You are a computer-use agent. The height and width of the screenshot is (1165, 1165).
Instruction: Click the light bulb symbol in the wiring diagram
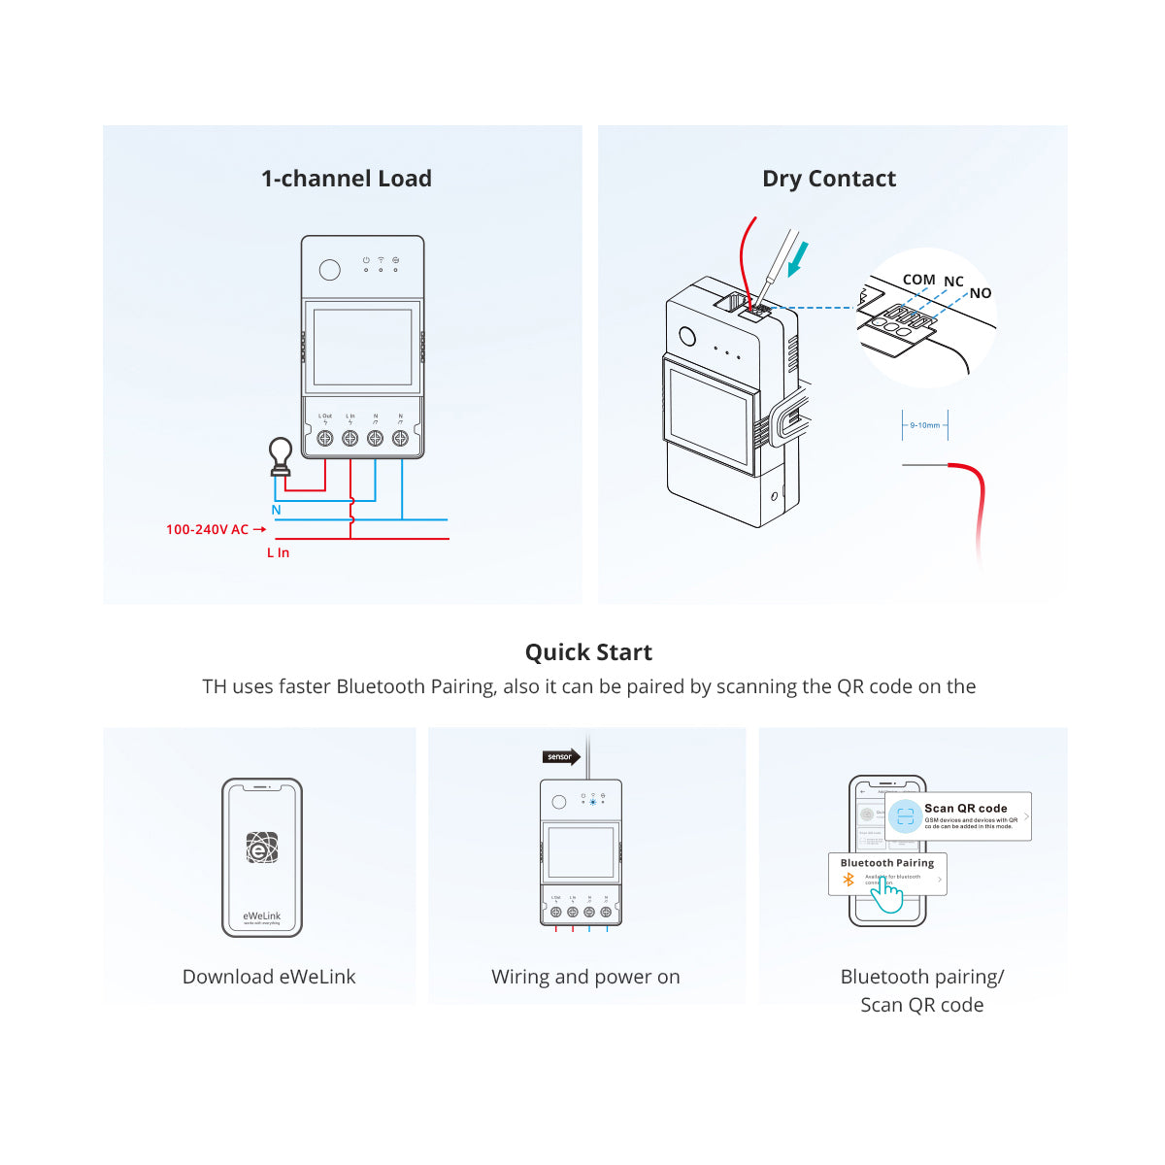point(281,454)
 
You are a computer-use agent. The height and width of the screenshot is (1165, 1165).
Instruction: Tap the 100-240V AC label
point(207,529)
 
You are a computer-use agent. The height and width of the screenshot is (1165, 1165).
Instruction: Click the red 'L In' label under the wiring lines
point(278,552)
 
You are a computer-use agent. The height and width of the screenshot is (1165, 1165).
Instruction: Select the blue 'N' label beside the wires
point(276,510)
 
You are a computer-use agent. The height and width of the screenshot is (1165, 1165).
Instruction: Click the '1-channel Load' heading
point(347,179)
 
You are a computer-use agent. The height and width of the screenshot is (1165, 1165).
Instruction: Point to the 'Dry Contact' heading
point(829,179)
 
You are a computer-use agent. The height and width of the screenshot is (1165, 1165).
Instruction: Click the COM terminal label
point(918,280)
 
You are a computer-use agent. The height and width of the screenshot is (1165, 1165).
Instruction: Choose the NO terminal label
point(981,293)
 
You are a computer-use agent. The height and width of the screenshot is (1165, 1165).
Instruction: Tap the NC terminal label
point(953,282)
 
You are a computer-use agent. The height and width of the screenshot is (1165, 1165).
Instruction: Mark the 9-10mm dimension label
point(924,425)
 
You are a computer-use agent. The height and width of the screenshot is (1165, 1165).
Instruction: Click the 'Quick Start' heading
point(588,652)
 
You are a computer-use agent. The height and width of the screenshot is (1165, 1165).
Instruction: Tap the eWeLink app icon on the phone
point(262,848)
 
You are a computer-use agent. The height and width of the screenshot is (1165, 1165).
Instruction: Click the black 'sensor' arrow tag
point(561,756)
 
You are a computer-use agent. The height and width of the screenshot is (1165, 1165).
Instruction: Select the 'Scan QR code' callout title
point(965,808)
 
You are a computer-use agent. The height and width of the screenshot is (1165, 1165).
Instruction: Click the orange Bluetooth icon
point(849,880)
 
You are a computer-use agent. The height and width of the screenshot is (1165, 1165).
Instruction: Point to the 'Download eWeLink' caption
point(269,977)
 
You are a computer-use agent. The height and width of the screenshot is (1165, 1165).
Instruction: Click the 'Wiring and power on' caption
point(585,977)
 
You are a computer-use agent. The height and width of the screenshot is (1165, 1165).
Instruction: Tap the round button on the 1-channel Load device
point(330,270)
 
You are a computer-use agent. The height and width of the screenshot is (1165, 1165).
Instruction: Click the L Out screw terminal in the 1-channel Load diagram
point(325,439)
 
